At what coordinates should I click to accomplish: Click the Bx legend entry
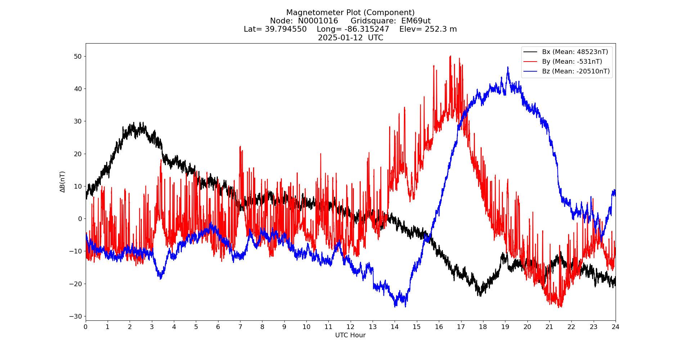point(575,52)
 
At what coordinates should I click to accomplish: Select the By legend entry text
point(572,62)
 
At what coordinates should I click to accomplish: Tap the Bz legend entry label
point(576,71)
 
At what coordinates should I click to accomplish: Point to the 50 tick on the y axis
point(78,57)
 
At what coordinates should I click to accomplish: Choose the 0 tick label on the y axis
point(80,219)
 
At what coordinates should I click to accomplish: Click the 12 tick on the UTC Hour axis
point(350,327)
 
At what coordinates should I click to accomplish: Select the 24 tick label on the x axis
point(616,327)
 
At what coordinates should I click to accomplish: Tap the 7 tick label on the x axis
point(240,327)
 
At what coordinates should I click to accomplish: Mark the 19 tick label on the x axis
point(505,327)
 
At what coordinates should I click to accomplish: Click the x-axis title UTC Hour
point(350,335)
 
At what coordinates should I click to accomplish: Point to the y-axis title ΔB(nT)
point(63,182)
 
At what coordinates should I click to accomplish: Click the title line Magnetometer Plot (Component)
point(350,13)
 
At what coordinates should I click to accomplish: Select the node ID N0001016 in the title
point(318,21)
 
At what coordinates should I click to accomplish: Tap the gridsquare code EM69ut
point(416,21)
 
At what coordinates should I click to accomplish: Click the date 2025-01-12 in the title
point(340,38)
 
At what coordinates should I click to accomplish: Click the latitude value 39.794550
point(286,29)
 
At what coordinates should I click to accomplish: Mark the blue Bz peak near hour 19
point(508,67)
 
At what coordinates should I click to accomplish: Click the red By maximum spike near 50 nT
point(450,57)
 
